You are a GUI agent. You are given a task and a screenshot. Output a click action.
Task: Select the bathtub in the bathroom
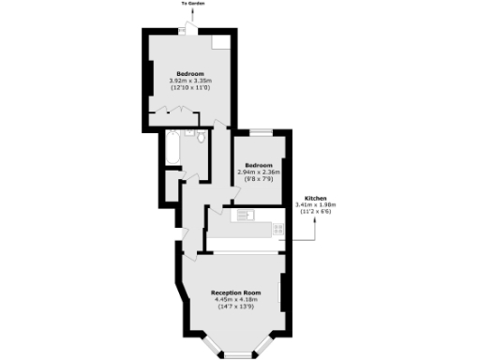point(173,150)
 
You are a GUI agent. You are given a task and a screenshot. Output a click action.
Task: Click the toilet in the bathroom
point(200,141)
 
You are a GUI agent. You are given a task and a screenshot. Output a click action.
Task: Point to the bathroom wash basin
point(188,137)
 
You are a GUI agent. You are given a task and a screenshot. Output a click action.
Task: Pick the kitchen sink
point(244,216)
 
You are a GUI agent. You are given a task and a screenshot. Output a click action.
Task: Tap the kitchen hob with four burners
point(277,228)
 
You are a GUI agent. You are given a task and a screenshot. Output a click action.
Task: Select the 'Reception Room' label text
point(235,292)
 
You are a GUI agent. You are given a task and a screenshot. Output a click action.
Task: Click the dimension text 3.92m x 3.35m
point(190,81)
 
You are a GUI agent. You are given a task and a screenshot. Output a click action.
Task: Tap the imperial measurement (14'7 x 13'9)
point(235,307)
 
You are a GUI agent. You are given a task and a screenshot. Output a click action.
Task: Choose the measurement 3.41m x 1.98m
point(315,205)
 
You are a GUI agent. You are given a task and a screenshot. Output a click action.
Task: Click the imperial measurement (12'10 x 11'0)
point(190,87)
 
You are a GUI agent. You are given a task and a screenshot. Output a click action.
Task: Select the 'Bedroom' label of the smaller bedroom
point(259,166)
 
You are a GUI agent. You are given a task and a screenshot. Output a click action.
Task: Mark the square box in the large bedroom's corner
point(217,43)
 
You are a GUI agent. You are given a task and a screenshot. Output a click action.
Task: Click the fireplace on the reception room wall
point(282,291)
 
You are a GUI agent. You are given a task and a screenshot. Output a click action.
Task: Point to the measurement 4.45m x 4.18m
point(235,300)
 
